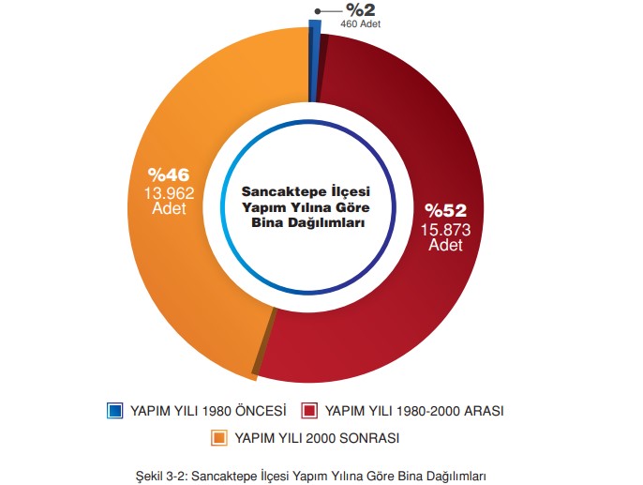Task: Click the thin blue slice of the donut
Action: pyautogui.click(x=314, y=56)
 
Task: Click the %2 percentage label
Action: pyautogui.click(x=361, y=10)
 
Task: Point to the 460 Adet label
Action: pyautogui.click(x=361, y=24)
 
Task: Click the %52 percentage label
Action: pyautogui.click(x=446, y=210)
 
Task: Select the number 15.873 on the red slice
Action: pyautogui.click(x=446, y=228)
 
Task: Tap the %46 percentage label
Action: pyautogui.click(x=169, y=174)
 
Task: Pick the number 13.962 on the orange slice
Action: pyautogui.click(x=169, y=192)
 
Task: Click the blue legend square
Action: pyautogui.click(x=115, y=411)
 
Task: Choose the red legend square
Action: pyautogui.click(x=308, y=411)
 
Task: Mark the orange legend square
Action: pyautogui.click(x=218, y=438)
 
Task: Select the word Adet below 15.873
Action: pyautogui.click(x=446, y=245)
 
